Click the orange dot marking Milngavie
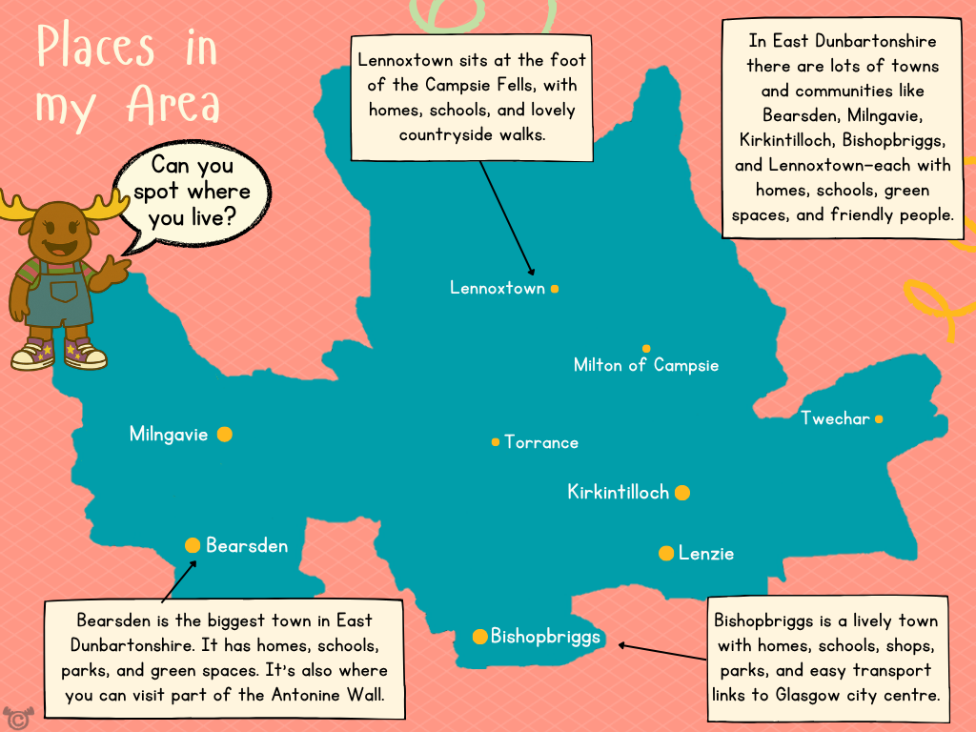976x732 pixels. click(x=224, y=435)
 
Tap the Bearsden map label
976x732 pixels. click(x=247, y=546)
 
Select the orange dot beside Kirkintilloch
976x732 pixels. click(x=682, y=493)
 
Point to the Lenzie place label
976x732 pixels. click(x=706, y=554)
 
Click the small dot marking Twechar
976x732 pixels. click(x=879, y=418)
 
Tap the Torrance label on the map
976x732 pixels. click(x=541, y=442)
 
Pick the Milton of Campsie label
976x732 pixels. click(x=646, y=365)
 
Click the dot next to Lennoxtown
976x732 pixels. click(x=555, y=288)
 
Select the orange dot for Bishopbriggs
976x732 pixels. click(x=479, y=637)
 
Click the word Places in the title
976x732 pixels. click(x=94, y=48)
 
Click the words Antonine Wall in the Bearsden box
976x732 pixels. click(x=325, y=695)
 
